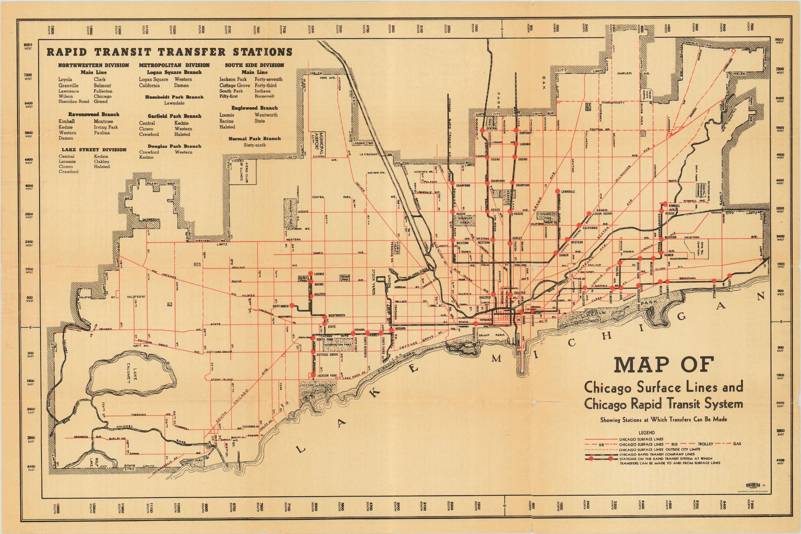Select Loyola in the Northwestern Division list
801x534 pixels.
(x=65, y=80)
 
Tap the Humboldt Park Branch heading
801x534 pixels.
(x=174, y=97)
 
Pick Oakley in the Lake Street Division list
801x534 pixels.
(x=102, y=161)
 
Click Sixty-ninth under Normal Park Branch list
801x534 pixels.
(x=254, y=145)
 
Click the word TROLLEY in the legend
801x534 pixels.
(x=706, y=444)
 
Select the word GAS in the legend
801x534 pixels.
(x=737, y=444)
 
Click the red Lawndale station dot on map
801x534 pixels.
(x=557, y=191)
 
